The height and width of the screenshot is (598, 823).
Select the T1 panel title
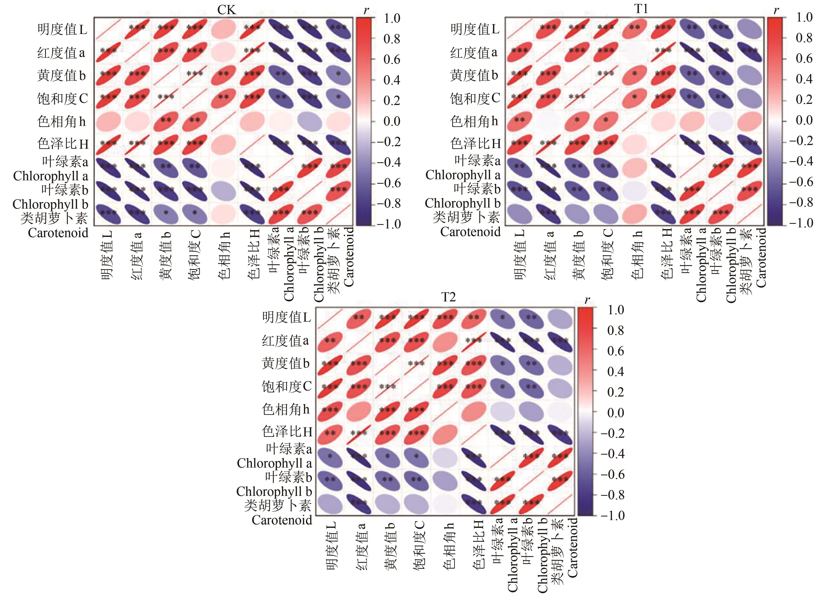pyautogui.click(x=641, y=9)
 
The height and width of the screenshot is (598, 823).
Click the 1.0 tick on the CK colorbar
pyautogui.click(x=392, y=18)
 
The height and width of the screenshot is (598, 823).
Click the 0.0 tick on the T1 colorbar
pyautogui.click(x=804, y=120)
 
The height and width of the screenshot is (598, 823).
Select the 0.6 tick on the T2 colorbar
pyautogui.click(x=616, y=351)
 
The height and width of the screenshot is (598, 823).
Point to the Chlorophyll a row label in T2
pyautogui.click(x=274, y=463)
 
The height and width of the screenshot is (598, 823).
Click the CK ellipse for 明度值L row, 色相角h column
pyautogui.click(x=224, y=29)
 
